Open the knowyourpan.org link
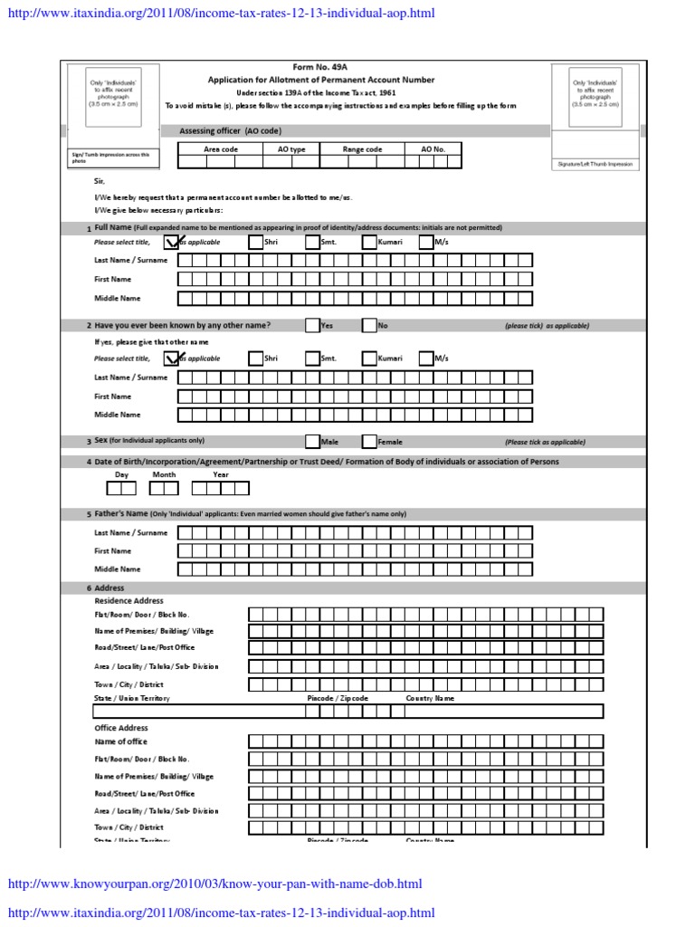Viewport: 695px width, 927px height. (214, 884)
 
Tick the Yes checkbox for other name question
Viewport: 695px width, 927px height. (312, 326)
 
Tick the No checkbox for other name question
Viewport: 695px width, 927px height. (369, 326)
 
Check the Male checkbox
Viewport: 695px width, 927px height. (312, 442)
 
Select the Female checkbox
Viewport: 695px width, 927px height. (369, 442)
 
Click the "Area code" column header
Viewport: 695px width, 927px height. (220, 149)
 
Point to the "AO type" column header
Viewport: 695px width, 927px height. (291, 149)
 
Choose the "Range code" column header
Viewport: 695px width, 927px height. (362, 149)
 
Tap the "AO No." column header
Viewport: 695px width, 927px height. (433, 149)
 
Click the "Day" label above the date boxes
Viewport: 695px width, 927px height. (122, 474)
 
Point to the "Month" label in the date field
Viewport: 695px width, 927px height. (164, 474)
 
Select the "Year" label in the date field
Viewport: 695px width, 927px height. (220, 474)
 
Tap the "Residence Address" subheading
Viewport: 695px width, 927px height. (129, 600)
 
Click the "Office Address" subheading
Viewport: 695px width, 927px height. (121, 728)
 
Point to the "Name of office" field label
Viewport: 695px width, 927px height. (120, 741)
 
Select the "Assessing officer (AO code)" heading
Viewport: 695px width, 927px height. (230, 131)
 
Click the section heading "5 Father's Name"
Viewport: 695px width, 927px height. (121, 513)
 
